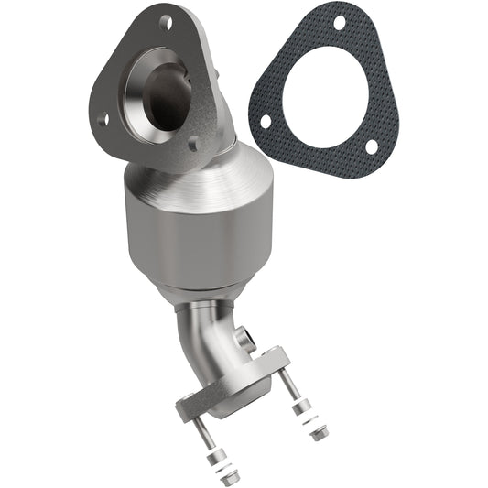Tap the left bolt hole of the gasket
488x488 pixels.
[265, 120]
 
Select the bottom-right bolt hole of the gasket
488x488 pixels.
[371, 146]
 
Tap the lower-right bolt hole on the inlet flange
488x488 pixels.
[193, 143]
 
